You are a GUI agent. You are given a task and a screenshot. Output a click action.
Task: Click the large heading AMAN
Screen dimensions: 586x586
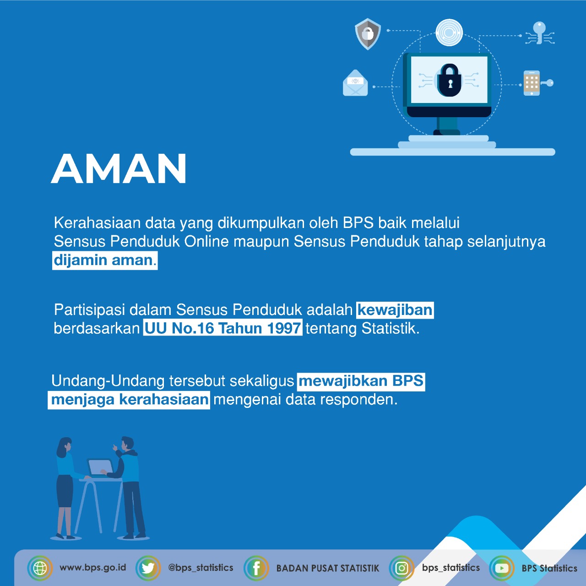pyautogui.click(x=119, y=168)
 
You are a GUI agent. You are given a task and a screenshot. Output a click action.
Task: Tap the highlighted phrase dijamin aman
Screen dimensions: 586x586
pyautogui.click(x=105, y=260)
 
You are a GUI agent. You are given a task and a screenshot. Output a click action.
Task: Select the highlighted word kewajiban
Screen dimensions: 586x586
pyautogui.click(x=395, y=310)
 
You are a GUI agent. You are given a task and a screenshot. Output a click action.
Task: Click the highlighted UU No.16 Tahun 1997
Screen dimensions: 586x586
pyautogui.click(x=222, y=328)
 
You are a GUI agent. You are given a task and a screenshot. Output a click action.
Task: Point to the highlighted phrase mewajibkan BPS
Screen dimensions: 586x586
pyautogui.click(x=361, y=381)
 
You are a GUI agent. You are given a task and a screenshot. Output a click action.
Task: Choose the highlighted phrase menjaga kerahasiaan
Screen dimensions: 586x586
pyautogui.click(x=129, y=400)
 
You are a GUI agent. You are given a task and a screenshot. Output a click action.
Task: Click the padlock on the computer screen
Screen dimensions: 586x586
pyautogui.click(x=449, y=80)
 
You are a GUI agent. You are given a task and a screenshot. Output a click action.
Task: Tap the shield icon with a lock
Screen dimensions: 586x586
pyautogui.click(x=368, y=33)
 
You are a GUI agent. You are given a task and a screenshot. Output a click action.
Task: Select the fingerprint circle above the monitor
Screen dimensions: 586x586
pyautogui.click(x=449, y=33)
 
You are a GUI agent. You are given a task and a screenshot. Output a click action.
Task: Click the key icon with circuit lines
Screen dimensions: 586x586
pyautogui.click(x=539, y=33)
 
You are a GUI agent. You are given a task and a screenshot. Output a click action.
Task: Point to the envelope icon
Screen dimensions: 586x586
pyautogui.click(x=355, y=83)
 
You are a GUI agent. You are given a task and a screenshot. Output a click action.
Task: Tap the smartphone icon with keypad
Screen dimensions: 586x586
pyautogui.click(x=532, y=83)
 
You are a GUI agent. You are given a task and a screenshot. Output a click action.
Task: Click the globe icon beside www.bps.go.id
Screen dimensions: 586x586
pyautogui.click(x=40, y=568)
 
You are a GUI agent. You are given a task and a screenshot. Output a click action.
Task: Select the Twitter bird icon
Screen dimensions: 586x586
pyautogui.click(x=148, y=568)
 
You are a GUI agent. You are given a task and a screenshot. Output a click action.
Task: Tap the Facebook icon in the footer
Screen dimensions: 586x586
pyautogui.click(x=256, y=568)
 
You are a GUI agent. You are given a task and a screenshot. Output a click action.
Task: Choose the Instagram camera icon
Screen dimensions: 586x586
pyautogui.click(x=402, y=568)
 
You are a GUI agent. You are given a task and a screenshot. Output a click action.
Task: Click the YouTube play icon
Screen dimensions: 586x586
pyautogui.click(x=502, y=568)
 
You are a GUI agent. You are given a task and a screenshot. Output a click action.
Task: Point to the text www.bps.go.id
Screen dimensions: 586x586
pyautogui.click(x=93, y=568)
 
